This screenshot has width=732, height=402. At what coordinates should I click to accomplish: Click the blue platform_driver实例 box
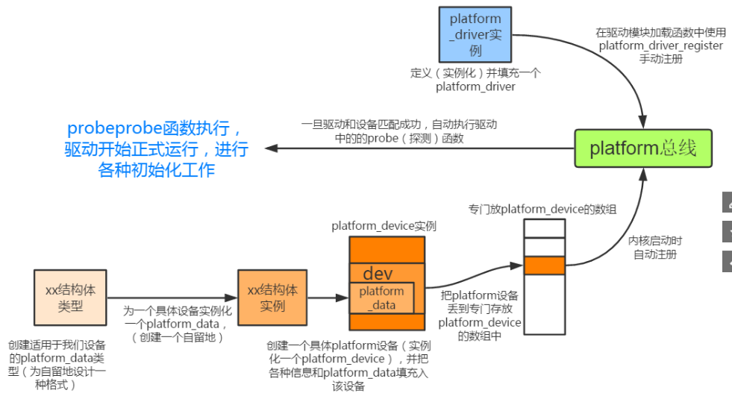click(476, 34)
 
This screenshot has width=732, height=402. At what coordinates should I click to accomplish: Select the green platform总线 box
click(642, 148)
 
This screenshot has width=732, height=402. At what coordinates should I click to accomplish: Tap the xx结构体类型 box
click(70, 297)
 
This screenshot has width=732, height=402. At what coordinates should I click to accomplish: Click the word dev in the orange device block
click(378, 273)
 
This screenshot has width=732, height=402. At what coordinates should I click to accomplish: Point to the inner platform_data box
click(382, 298)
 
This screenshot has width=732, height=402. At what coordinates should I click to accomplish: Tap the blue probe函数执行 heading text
click(156, 148)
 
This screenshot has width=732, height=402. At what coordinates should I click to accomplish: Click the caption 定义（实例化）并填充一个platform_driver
click(475, 80)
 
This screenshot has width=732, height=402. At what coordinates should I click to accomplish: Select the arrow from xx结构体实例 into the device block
click(328, 298)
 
